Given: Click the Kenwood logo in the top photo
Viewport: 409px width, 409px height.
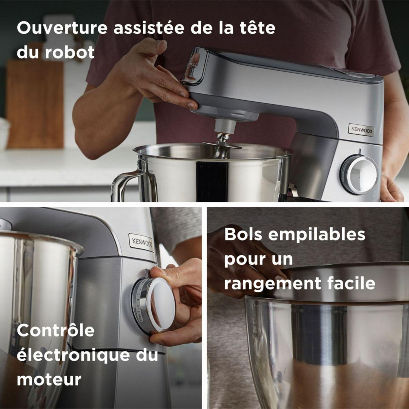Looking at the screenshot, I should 361,131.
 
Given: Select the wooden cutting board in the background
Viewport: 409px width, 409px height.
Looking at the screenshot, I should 34,102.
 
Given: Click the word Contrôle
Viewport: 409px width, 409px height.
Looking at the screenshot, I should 56,331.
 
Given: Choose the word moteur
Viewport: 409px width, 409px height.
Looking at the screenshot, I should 49,379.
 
